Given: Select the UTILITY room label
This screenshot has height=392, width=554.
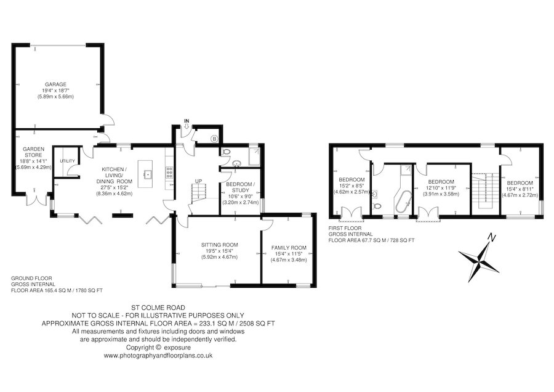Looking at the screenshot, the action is (x=67, y=161).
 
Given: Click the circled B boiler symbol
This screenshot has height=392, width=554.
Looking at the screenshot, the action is (x=214, y=139).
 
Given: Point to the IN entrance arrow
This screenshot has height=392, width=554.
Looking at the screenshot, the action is (x=187, y=124).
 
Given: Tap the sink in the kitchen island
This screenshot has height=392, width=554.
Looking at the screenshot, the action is (x=147, y=174).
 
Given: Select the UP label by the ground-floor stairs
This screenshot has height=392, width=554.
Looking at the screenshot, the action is (x=199, y=181).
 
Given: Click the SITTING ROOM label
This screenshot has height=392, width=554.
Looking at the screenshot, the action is (x=219, y=245).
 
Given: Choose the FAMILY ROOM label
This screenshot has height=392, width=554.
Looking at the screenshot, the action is (x=289, y=248).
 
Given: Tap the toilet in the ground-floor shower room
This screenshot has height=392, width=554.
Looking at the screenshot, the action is (x=225, y=152).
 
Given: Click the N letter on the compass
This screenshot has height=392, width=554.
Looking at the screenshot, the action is (x=491, y=237).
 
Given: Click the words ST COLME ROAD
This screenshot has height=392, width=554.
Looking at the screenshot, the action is (x=158, y=308).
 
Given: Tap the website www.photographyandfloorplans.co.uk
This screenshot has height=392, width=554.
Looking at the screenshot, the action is (x=158, y=356).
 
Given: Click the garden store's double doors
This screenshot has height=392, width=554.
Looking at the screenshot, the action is (x=36, y=200).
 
